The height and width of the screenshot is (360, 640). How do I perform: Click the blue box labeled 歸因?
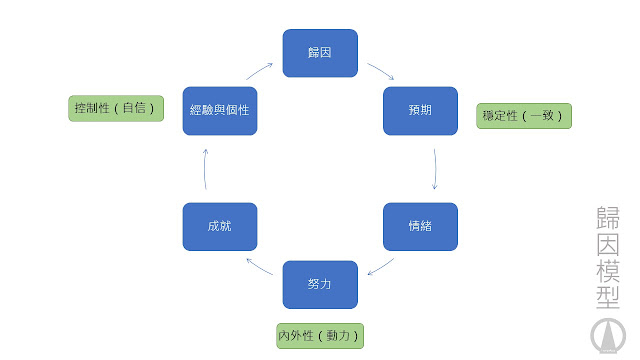point(320,53)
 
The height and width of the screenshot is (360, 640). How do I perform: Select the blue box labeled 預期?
point(420,111)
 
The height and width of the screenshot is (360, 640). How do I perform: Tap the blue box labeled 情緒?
point(420,226)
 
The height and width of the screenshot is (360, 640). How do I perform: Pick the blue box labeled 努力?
point(320,284)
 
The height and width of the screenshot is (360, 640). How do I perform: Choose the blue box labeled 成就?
point(220,226)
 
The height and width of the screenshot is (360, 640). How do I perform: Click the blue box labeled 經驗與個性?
point(220,111)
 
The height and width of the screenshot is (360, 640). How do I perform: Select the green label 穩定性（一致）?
point(524,116)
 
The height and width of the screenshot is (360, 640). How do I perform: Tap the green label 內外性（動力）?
point(319,335)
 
